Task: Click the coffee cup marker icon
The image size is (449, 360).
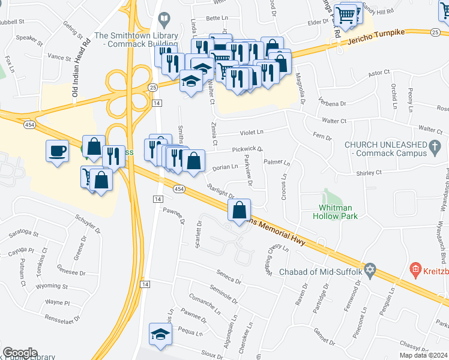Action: (x=58, y=150)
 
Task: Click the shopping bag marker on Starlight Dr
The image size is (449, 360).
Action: (x=240, y=210)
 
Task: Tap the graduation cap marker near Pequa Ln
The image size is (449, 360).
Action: (x=160, y=334)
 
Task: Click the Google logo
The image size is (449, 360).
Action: (x=20, y=353)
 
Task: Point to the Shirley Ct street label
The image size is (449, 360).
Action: (x=369, y=173)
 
